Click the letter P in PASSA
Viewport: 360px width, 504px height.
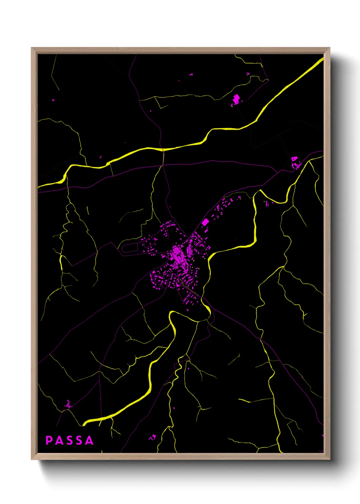click(49, 440)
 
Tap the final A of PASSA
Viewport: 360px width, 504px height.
click(89, 440)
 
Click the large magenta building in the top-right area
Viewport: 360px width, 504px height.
click(236, 99)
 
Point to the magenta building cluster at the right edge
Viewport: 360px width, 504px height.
click(295, 162)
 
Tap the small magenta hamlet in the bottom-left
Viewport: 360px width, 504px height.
click(68, 405)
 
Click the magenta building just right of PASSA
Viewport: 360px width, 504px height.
click(153, 437)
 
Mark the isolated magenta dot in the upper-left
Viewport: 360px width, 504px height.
click(53, 100)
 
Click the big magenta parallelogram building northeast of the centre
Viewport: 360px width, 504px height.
click(205, 222)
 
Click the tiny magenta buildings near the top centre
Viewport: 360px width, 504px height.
click(191, 74)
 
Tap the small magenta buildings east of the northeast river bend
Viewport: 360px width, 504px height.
click(268, 204)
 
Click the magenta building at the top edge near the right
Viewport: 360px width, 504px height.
click(248, 74)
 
